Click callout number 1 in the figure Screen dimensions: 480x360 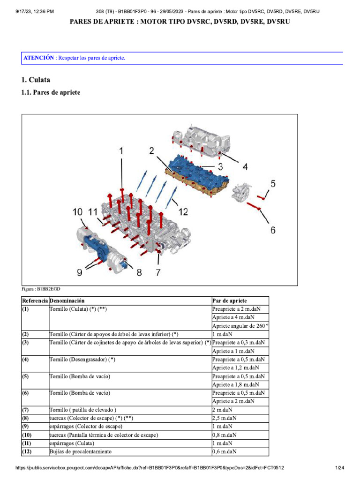pyautogui.click(x=121, y=151)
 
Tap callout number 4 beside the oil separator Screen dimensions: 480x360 pyautogui.click(x=245, y=166)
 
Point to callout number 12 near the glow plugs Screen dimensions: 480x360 pyautogui.click(x=183, y=212)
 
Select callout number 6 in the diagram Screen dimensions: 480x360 pyautogui.click(x=272, y=230)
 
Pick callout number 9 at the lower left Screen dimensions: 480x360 pyautogui.click(x=79, y=271)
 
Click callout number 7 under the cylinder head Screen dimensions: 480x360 pyautogui.click(x=158, y=272)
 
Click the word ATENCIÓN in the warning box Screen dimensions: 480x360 pyautogui.click(x=39, y=58)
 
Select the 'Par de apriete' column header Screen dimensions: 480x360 pyautogui.click(x=230, y=300)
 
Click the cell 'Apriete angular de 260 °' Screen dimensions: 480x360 pyautogui.click(x=240, y=326)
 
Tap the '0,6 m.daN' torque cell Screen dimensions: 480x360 pyautogui.click(x=225, y=452)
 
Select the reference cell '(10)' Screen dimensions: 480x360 pyautogui.click(x=27, y=435)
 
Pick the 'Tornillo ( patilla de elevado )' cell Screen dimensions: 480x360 pyautogui.click(x=83, y=410)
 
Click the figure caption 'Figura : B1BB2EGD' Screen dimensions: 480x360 pyautogui.click(x=41, y=289)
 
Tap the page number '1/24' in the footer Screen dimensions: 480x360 pyautogui.click(x=339, y=468)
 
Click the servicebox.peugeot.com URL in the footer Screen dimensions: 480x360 pyautogui.click(x=150, y=468)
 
